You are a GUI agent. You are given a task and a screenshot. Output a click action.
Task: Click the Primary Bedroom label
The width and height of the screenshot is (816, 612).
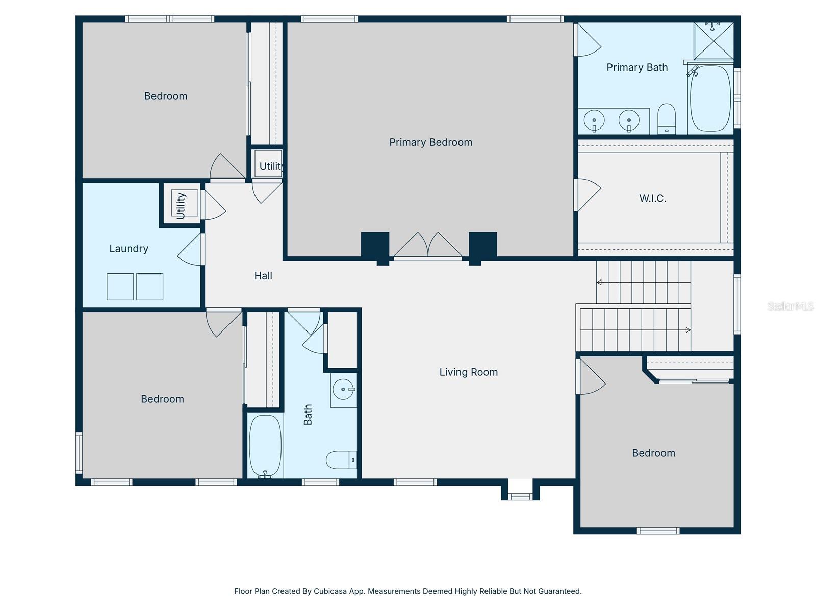pos(430,142)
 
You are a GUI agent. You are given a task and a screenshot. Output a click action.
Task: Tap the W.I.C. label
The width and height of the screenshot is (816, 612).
pos(653,198)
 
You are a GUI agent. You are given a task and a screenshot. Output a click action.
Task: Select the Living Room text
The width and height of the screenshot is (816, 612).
pos(468,372)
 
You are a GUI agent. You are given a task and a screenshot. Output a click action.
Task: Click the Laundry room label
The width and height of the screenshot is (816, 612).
pos(129,249)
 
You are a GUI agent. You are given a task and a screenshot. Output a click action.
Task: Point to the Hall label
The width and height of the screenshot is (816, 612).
pos(263,276)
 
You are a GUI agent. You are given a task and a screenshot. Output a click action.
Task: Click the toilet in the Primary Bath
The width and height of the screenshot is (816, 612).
pos(667,119)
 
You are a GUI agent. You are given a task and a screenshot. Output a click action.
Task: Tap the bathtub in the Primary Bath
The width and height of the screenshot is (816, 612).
pos(710,98)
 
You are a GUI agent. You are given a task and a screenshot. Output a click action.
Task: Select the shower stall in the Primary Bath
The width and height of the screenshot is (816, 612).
pos(713,41)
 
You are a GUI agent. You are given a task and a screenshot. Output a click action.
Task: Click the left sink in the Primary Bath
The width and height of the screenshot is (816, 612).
pos(594,121)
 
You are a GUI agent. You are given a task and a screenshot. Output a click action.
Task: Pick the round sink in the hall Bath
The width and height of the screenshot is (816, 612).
pos(343,390)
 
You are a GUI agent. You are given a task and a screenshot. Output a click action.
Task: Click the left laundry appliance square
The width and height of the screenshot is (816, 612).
pos(120,287)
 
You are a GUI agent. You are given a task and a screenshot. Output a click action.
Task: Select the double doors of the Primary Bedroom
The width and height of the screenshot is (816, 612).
pos(428,246)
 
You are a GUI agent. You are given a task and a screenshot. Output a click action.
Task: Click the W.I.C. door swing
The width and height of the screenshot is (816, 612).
pos(588,194)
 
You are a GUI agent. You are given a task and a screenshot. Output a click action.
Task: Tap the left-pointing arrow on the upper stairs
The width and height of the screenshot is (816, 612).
pos(599,282)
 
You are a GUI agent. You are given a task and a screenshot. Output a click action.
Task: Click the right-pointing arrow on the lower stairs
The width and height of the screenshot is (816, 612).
pos(688,330)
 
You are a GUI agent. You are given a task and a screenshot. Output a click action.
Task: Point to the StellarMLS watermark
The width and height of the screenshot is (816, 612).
pos(790,306)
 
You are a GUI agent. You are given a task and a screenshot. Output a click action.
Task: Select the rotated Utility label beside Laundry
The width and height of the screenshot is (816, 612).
pos(181,206)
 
